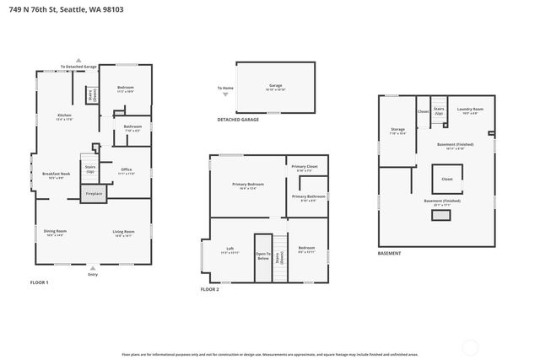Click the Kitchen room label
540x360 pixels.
click(x=65, y=116)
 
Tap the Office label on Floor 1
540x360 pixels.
click(x=126, y=170)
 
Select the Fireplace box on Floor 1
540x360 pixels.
click(x=94, y=194)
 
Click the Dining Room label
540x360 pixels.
click(x=56, y=231)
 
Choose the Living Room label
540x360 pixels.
click(x=122, y=232)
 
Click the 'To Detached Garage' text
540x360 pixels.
click(x=78, y=67)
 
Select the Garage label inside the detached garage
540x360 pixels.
click(x=275, y=85)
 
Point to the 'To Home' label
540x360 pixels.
click(x=224, y=88)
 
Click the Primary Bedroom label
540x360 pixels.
click(x=248, y=184)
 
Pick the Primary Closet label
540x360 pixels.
click(x=305, y=167)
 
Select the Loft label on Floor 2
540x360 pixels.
click(x=229, y=249)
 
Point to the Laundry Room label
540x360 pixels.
click(x=470, y=110)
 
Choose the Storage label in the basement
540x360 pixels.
click(x=397, y=130)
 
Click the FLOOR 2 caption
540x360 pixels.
click(x=210, y=289)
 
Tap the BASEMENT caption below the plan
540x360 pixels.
click(x=389, y=253)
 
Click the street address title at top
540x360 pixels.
click(x=80, y=10)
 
